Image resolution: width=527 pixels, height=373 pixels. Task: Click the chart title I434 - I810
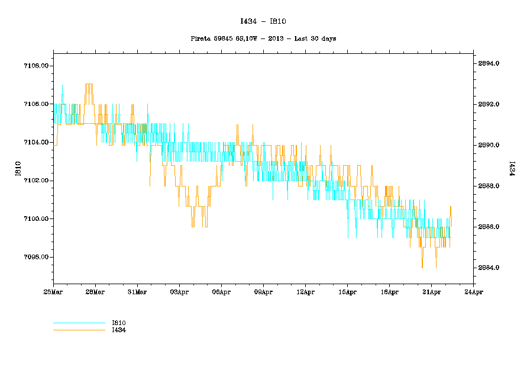(263, 21)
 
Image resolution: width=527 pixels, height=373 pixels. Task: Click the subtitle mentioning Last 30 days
(263, 38)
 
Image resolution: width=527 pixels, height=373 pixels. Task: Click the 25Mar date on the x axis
(53, 292)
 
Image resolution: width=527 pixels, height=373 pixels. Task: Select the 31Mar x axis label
(137, 292)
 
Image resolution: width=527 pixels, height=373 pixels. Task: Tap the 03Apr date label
(179, 292)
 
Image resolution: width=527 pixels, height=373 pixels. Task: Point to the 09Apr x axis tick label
(263, 292)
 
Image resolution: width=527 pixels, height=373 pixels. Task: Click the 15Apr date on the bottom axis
(347, 292)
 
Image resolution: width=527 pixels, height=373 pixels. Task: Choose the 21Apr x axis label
(431, 292)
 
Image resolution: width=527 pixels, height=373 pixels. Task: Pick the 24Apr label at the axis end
(473, 292)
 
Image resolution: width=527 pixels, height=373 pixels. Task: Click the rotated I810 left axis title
(18, 169)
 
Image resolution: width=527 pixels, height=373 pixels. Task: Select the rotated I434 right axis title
(509, 169)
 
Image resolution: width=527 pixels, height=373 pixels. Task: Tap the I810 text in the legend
(119, 323)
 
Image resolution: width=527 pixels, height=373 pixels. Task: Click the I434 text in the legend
(119, 330)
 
